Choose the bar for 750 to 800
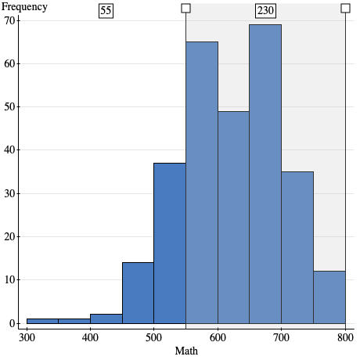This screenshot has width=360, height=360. (x=329, y=297)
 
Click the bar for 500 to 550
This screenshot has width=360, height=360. (x=170, y=243)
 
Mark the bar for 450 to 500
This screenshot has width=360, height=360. (x=138, y=293)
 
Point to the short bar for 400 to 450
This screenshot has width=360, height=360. (x=106, y=319)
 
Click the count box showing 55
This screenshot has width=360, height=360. (x=106, y=11)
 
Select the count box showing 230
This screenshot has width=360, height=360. (x=265, y=11)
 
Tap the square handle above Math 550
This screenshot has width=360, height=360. (x=185, y=8)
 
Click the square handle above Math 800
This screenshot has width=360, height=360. (x=345, y=8)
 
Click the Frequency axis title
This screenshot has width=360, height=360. (x=24, y=7)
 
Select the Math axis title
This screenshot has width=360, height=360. (x=186, y=351)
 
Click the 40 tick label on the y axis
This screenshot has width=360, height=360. (x=11, y=149)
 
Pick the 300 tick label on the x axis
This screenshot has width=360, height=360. (x=27, y=337)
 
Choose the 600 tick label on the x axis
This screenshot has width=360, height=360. (x=218, y=337)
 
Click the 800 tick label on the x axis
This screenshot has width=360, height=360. (x=344, y=337)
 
